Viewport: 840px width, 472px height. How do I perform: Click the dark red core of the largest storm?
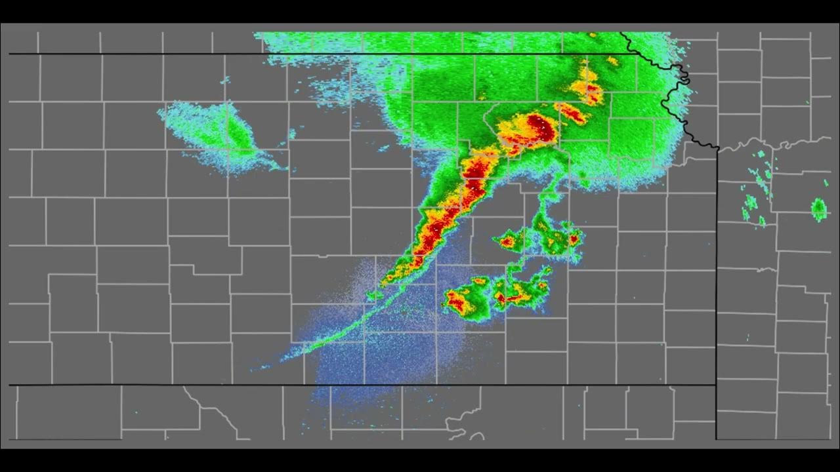click(540, 126)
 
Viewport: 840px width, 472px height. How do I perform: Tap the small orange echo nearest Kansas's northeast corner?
click(612, 61)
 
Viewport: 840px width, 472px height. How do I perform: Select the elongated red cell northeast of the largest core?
click(572, 113)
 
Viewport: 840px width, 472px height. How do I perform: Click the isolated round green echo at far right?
click(818, 209)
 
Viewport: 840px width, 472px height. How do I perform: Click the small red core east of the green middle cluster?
click(573, 239)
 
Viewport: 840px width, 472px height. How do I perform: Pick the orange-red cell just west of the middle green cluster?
click(507, 242)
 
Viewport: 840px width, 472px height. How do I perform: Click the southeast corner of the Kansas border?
click(715, 385)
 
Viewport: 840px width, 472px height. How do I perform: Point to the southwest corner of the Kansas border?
click(9, 385)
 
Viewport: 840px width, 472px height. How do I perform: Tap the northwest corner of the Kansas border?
click(9, 54)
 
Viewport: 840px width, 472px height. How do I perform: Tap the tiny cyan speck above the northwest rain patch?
click(227, 81)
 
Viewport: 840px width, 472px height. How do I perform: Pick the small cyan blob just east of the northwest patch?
click(292, 134)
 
